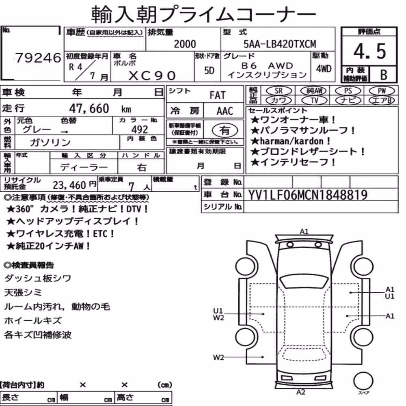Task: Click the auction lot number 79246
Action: pyautogui.click(x=38, y=58)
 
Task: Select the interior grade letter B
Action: pyautogui.click(x=384, y=75)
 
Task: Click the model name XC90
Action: pyautogui.click(x=152, y=76)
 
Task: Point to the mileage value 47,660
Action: pyautogui.click(x=89, y=108)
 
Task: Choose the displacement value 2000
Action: pyautogui.click(x=185, y=44)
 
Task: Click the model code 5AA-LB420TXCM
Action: pyautogui.click(x=280, y=44)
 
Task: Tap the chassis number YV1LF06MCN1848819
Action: pyautogui.click(x=308, y=195)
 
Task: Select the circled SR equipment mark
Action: pyautogui.click(x=279, y=91)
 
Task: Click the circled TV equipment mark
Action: pyautogui.click(x=314, y=100)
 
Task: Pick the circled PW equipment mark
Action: pyautogui.click(x=382, y=91)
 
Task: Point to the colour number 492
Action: pyautogui.click(x=140, y=129)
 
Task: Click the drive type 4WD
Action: pyautogui.click(x=324, y=69)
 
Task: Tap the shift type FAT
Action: pyautogui.click(x=218, y=95)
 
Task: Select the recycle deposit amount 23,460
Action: pyautogui.click(x=69, y=185)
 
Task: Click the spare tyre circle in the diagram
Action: pyautogui.click(x=363, y=381)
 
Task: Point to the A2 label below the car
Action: pyautogui.click(x=300, y=392)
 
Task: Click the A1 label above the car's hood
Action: pyautogui.click(x=304, y=231)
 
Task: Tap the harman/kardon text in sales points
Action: pyautogui.click(x=292, y=141)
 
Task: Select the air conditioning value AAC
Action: pyautogui.click(x=225, y=111)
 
